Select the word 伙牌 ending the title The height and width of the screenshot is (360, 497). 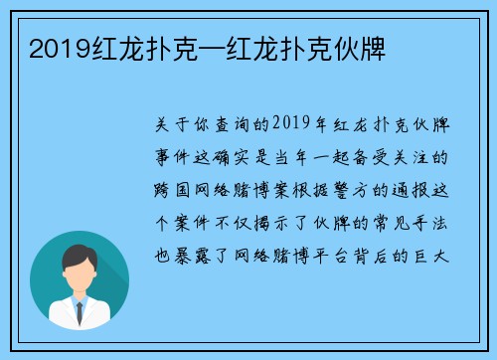coord(367,47)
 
